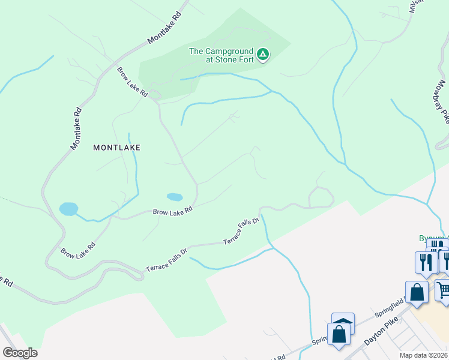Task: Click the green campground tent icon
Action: pyautogui.click(x=262, y=55)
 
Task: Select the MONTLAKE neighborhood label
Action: pyautogui.click(x=116, y=147)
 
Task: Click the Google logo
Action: pyautogui.click(x=20, y=353)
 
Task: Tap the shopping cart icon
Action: pyautogui.click(x=443, y=291)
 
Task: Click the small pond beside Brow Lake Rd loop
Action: pyautogui.click(x=175, y=197)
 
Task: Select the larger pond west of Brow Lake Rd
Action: pyautogui.click(x=68, y=209)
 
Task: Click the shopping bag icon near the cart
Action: pyautogui.click(x=417, y=293)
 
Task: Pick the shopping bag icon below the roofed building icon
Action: pyautogui.click(x=339, y=335)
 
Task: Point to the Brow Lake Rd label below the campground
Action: pyautogui.click(x=133, y=82)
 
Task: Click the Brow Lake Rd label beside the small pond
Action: pyautogui.click(x=172, y=211)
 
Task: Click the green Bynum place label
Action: pyautogui.click(x=433, y=238)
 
